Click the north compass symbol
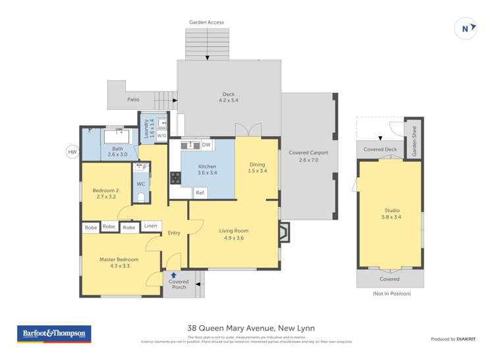coord(466,28)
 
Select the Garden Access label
coord(206,22)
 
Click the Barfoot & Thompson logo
coord(53,334)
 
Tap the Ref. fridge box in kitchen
coord(201,193)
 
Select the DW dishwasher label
coord(206,145)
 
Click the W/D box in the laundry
coord(162,136)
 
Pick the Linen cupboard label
coord(151,226)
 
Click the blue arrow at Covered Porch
coord(174,275)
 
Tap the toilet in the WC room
coord(141,195)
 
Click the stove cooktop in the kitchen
coord(176,177)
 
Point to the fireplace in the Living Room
coord(283,232)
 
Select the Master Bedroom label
coord(119,263)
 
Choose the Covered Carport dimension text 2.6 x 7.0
coord(308,160)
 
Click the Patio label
coord(133,99)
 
